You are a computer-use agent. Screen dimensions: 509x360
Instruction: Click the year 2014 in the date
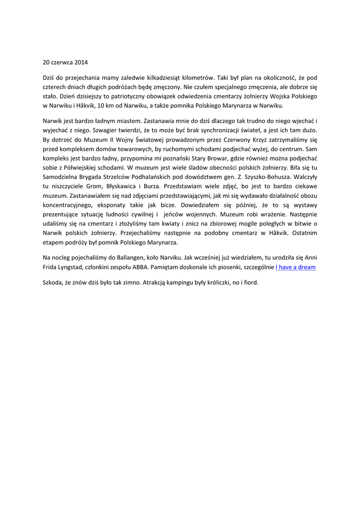[x=81, y=63]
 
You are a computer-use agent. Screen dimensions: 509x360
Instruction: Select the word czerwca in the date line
[x=62, y=63]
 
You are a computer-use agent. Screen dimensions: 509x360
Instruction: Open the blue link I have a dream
[x=295, y=267]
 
